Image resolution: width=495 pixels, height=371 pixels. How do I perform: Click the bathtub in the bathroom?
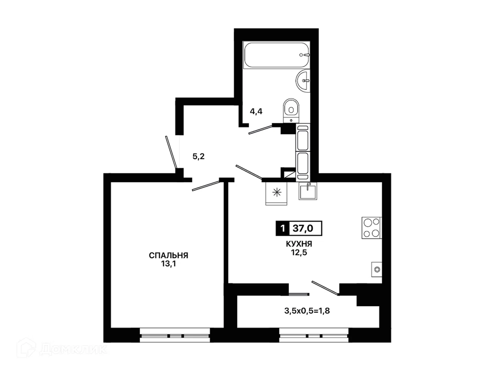(276, 55)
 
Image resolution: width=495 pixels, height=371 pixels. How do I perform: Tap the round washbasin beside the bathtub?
(303, 81)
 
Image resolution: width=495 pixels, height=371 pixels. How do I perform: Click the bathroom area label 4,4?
(256, 111)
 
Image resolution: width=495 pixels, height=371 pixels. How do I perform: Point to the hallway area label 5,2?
(198, 156)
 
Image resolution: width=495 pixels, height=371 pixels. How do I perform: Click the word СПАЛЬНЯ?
(168, 256)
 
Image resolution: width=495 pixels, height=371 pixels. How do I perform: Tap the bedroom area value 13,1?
(168, 263)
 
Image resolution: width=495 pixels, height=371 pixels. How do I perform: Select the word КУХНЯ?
(299, 244)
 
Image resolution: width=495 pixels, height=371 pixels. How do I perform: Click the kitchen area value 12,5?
(299, 252)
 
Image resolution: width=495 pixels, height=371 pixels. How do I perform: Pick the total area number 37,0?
(303, 228)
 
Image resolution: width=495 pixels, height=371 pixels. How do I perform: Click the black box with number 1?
(282, 228)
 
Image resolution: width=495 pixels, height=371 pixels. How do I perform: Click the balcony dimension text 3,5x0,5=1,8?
(307, 311)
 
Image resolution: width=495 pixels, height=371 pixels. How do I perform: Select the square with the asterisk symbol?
(276, 193)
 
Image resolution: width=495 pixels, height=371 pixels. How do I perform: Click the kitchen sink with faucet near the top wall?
(308, 191)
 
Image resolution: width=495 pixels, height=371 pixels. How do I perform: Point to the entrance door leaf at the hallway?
(171, 152)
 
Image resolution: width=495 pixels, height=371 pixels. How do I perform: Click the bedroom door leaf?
(206, 186)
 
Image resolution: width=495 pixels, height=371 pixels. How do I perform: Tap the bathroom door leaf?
(261, 130)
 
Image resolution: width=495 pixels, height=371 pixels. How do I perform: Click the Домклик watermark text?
(73, 349)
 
